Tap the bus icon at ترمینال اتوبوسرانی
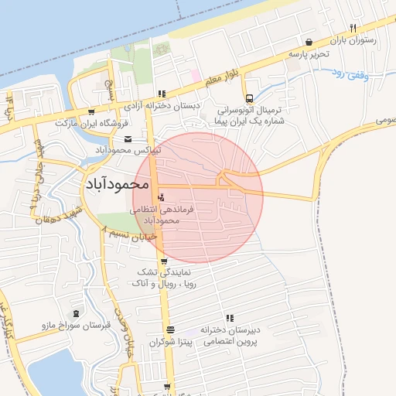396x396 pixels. (x=248, y=98)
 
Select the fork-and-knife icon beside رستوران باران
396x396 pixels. (x=353, y=28)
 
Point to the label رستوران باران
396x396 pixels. (x=353, y=40)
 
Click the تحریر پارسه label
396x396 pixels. (x=309, y=54)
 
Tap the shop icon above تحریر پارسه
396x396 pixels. (x=309, y=42)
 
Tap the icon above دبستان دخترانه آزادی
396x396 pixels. (x=161, y=93)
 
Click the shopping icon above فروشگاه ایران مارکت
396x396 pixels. (x=93, y=111)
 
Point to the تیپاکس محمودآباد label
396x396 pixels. (x=128, y=150)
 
